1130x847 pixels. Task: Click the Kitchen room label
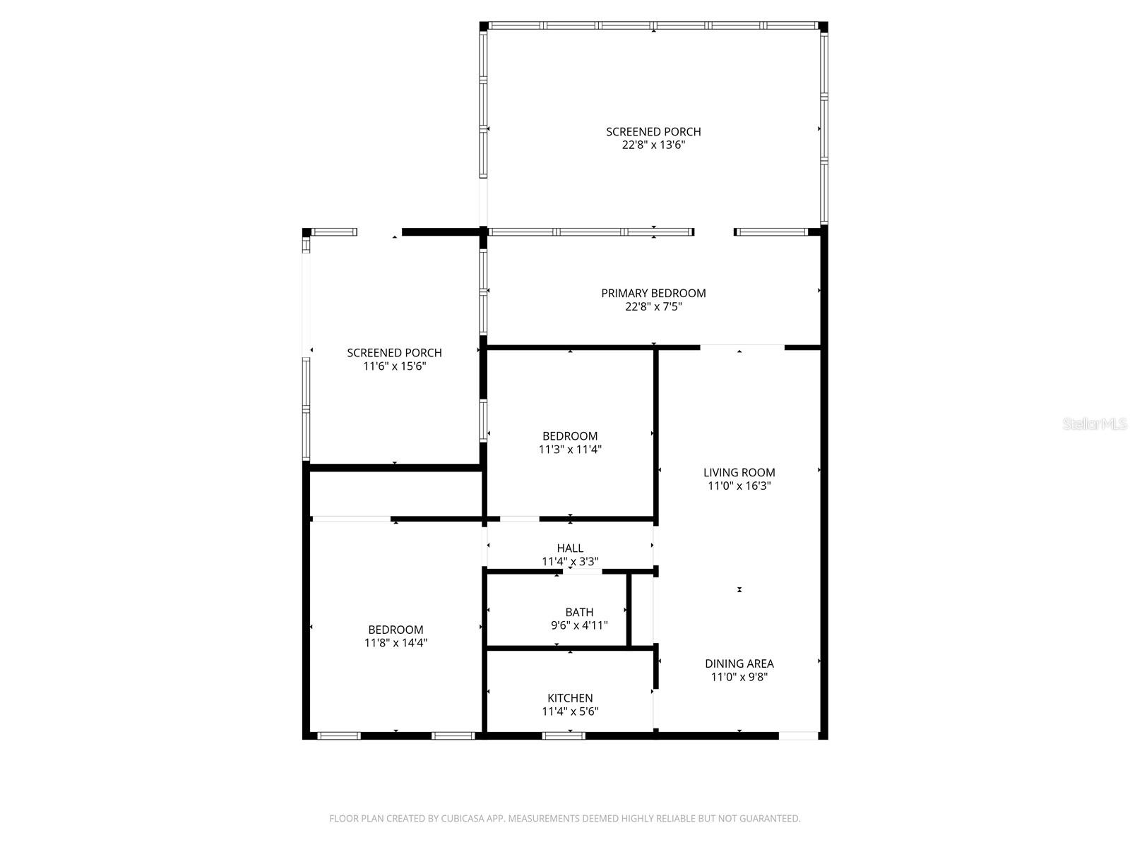pyautogui.click(x=570, y=698)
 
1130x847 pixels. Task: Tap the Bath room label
pyautogui.click(x=579, y=612)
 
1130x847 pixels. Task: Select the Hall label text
pyautogui.click(x=570, y=548)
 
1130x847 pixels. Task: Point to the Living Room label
pyautogui.click(x=739, y=472)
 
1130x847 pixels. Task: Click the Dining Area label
pyautogui.click(x=739, y=663)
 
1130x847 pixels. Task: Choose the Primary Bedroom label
pyautogui.click(x=653, y=293)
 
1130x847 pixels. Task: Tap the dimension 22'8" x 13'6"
pyautogui.click(x=653, y=145)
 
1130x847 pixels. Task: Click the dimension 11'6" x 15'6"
pyautogui.click(x=395, y=366)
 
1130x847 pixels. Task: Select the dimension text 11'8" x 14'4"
pyautogui.click(x=396, y=643)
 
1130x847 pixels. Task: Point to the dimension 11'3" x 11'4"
pyautogui.click(x=570, y=450)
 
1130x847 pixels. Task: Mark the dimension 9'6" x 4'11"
pyautogui.click(x=579, y=625)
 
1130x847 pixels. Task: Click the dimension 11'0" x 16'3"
pyautogui.click(x=739, y=486)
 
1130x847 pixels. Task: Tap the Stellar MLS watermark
pyautogui.click(x=1095, y=423)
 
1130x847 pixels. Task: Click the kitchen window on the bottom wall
pyautogui.click(x=563, y=736)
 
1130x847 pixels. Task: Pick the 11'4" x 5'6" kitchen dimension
pyautogui.click(x=570, y=711)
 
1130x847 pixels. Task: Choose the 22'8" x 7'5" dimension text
pyautogui.click(x=653, y=306)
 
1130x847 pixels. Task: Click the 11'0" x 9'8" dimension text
pyautogui.click(x=739, y=677)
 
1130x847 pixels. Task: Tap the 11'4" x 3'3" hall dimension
pyautogui.click(x=570, y=562)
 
